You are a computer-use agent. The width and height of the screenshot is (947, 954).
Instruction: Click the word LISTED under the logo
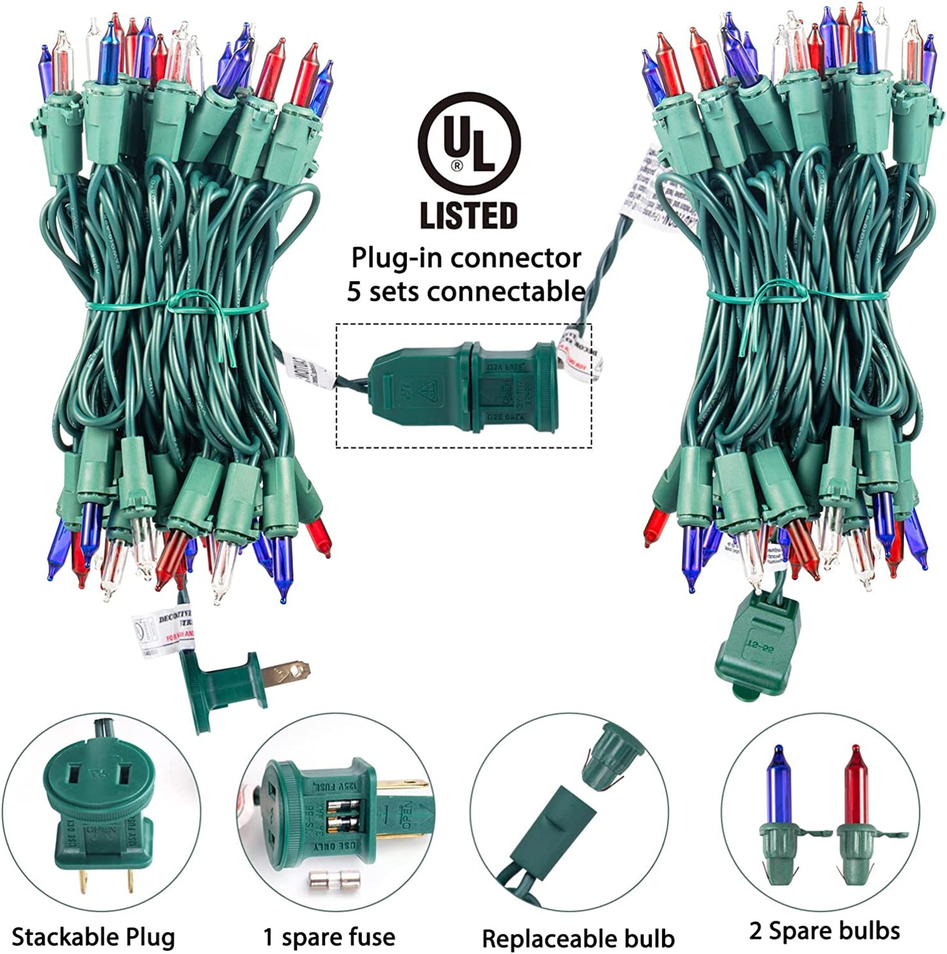[x=469, y=216]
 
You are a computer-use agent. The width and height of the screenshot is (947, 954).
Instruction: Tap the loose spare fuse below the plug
[x=328, y=881]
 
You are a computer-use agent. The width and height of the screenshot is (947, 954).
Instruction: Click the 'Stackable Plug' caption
[x=93, y=937]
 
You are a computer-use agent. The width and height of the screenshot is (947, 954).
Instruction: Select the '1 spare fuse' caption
[x=329, y=937]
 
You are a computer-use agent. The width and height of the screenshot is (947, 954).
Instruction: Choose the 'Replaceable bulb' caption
[x=578, y=938]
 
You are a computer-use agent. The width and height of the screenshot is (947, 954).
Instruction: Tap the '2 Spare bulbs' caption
[x=824, y=930]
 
